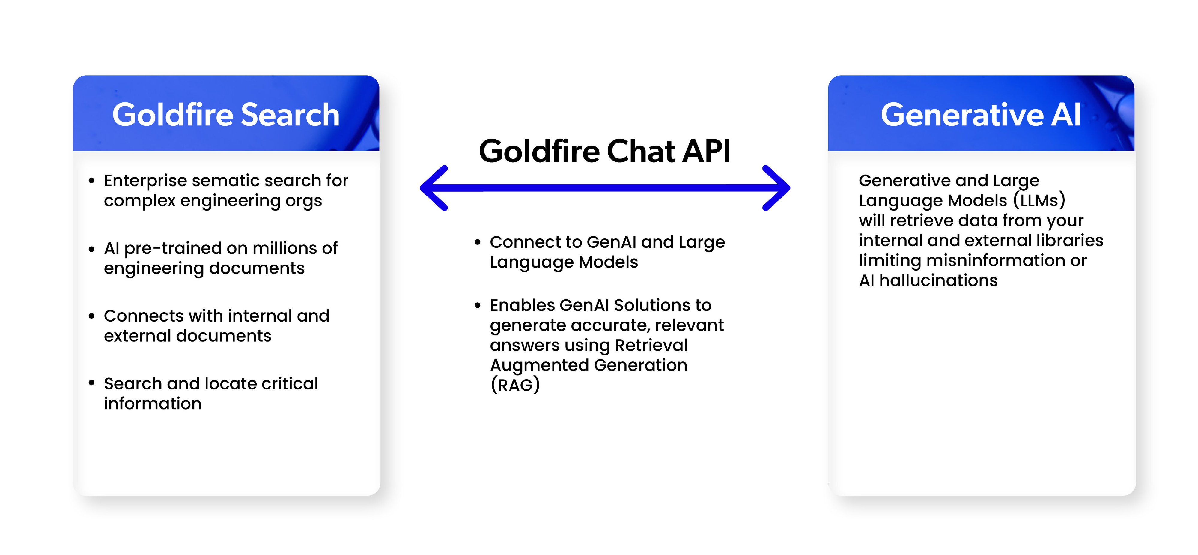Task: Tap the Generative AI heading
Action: pos(980,115)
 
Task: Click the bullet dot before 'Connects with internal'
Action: pos(92,316)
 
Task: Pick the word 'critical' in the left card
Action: pos(289,384)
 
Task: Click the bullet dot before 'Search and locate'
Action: pos(92,383)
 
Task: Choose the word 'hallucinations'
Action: pos(938,280)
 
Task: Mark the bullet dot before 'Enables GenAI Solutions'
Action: pos(477,306)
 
